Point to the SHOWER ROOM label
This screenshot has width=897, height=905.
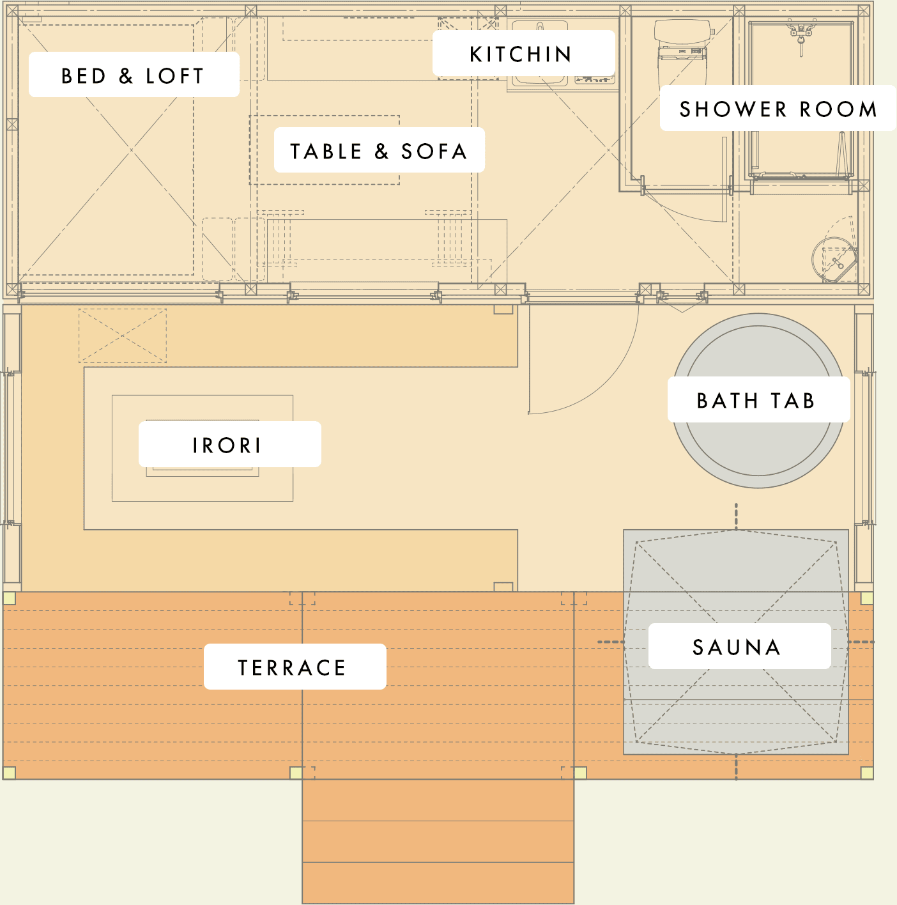[778, 108]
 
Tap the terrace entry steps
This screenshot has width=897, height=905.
[438, 841]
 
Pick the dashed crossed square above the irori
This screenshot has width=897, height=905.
[123, 336]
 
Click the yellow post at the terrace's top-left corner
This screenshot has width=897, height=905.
[10, 598]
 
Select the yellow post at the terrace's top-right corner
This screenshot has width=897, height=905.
[867, 598]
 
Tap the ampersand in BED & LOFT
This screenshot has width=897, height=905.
[126, 76]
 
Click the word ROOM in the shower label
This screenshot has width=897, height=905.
[838, 109]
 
